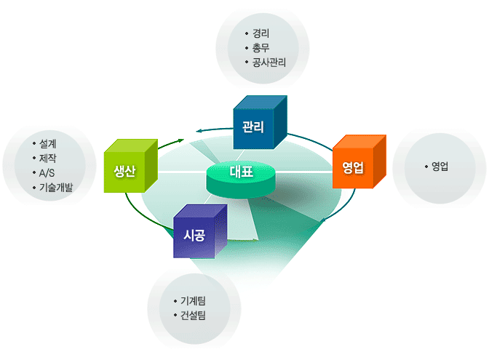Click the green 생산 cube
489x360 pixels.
click(x=131, y=166)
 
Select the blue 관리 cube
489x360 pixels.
click(x=260, y=122)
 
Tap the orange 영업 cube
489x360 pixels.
click(x=359, y=161)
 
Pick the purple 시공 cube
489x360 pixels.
click(x=200, y=231)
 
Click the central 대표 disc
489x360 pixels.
click(x=241, y=180)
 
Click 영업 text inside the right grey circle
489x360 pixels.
click(x=440, y=167)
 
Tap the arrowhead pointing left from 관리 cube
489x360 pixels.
click(x=199, y=131)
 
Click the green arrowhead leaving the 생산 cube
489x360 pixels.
click(x=181, y=140)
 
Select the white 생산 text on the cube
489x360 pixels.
click(x=124, y=171)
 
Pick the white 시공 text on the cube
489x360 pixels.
click(x=194, y=235)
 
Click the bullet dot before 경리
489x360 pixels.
click(x=247, y=33)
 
